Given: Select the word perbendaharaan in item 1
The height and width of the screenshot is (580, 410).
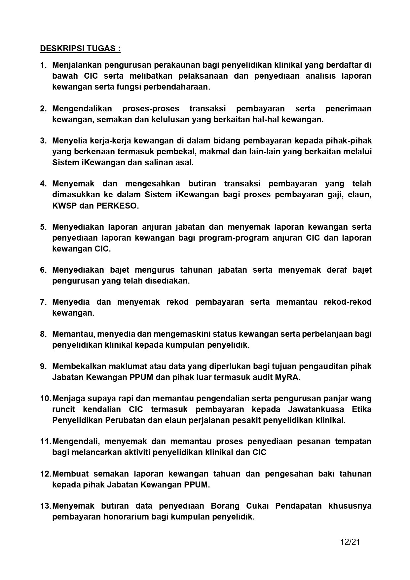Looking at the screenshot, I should (x=178, y=87).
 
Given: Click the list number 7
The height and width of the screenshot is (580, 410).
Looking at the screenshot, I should (x=43, y=302).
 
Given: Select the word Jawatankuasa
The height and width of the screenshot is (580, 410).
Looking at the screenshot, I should (x=316, y=409).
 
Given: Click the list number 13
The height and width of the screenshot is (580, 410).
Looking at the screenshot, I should (x=45, y=506).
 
